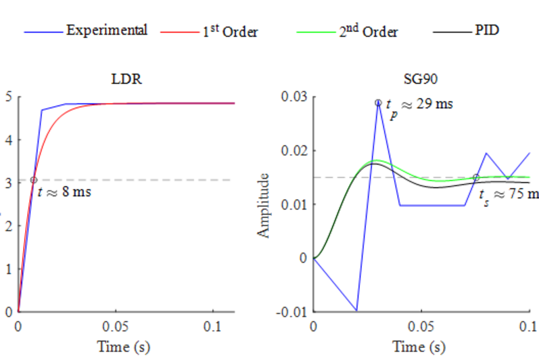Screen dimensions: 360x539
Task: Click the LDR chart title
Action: click(126, 79)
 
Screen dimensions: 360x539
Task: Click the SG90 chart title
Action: click(421, 79)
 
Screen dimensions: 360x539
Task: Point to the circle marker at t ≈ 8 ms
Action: click(34, 180)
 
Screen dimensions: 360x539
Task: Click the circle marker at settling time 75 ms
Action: click(475, 177)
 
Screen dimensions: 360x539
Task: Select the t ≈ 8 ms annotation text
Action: click(64, 192)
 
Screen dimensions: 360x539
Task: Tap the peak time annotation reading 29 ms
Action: click(419, 106)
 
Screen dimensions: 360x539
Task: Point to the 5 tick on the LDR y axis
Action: click(8, 97)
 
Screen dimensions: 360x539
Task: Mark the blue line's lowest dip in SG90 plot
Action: click(356, 311)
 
